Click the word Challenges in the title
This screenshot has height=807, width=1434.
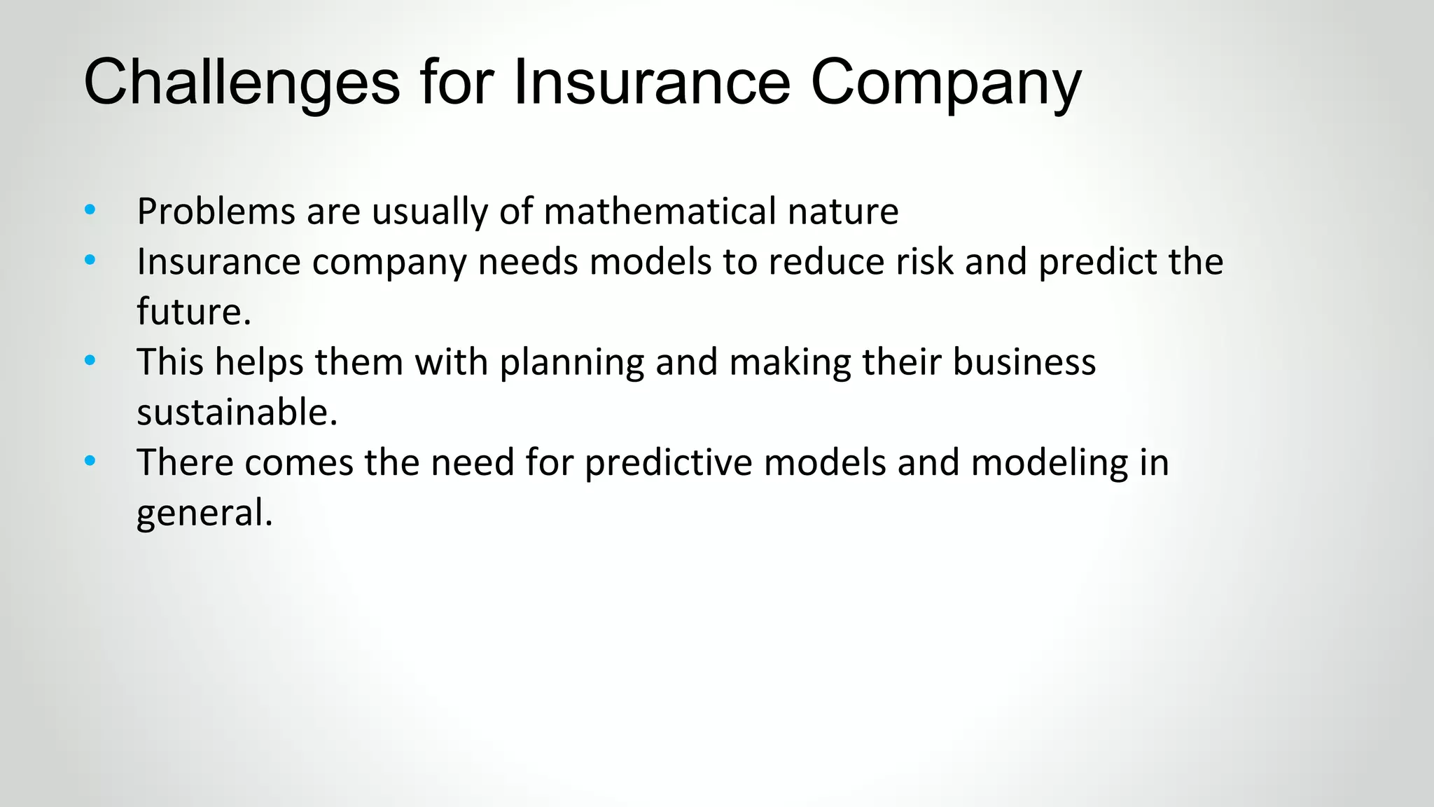242,83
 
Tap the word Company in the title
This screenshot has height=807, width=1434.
945,83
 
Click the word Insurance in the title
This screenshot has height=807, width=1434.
651,83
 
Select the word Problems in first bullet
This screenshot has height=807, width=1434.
216,212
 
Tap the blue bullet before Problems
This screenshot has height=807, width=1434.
90,210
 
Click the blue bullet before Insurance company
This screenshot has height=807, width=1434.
90,261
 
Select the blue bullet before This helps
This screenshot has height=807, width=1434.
90,361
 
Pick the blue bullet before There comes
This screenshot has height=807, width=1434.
90,462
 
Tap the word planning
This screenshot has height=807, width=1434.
571,363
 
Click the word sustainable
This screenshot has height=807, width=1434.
236,413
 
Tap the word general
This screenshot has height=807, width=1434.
203,513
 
